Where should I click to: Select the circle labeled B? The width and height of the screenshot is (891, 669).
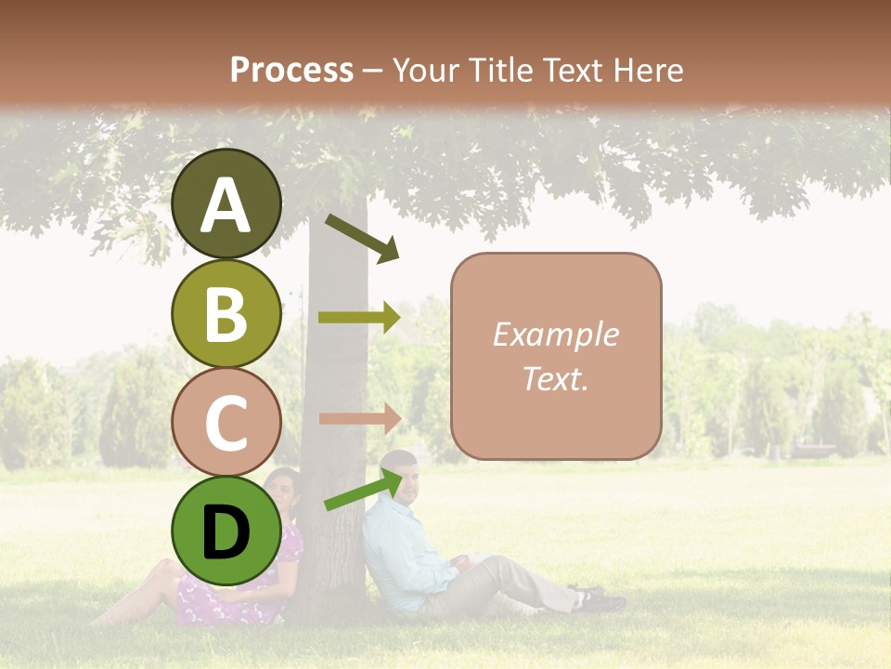(x=226, y=313)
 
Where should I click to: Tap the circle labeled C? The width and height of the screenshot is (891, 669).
(x=226, y=422)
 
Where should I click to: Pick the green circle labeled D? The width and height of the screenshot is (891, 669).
(x=226, y=531)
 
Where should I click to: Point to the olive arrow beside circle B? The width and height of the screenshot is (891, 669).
(x=358, y=317)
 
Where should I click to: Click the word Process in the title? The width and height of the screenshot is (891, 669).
(x=291, y=70)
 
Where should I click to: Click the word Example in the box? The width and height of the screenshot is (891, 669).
(x=555, y=334)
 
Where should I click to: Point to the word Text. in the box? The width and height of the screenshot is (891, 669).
(x=555, y=378)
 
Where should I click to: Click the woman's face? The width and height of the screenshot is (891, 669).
(x=283, y=491)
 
